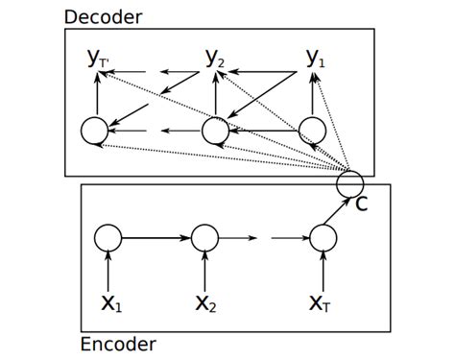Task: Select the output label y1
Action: (315, 59)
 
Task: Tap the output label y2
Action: (215, 59)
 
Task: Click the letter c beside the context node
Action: (362, 204)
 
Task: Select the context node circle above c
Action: (350, 182)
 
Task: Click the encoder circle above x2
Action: (204, 237)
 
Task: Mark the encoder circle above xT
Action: (321, 237)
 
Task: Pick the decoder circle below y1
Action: (312, 130)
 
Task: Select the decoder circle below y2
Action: (214, 130)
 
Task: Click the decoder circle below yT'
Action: (96, 130)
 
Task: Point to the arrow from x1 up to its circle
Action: (108, 269)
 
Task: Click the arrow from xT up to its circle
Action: (321, 269)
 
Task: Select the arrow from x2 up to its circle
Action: (204, 269)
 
